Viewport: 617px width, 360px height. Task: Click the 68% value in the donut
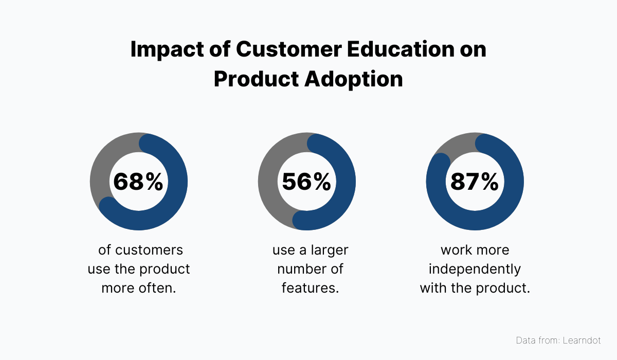coord(138,182)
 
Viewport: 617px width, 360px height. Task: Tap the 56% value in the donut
coord(306,182)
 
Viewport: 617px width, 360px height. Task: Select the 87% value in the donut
coord(474,182)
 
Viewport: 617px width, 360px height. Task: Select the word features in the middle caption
coord(310,288)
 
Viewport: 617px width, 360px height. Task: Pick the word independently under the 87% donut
coord(475,269)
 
